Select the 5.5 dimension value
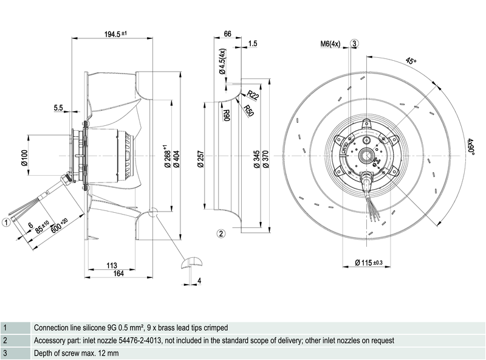coord(58,108)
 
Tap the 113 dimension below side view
coord(111,265)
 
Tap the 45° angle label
coord(411,61)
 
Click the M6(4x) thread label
coord(332,43)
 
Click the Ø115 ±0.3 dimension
coord(369,263)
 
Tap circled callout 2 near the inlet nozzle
coord(222,233)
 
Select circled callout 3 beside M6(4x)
coord(355,43)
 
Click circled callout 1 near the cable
coord(5,223)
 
